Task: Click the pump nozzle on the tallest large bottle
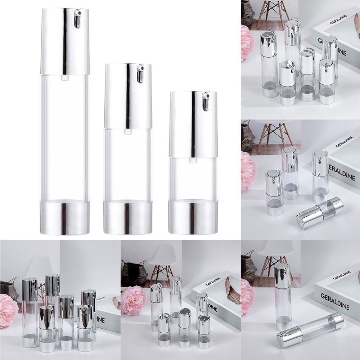(77, 19)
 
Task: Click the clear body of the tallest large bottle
(65, 137)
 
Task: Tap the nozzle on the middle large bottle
(140, 73)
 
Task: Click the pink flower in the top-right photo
(247, 43)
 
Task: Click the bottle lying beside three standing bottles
(320, 212)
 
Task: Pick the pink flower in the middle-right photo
(248, 171)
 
